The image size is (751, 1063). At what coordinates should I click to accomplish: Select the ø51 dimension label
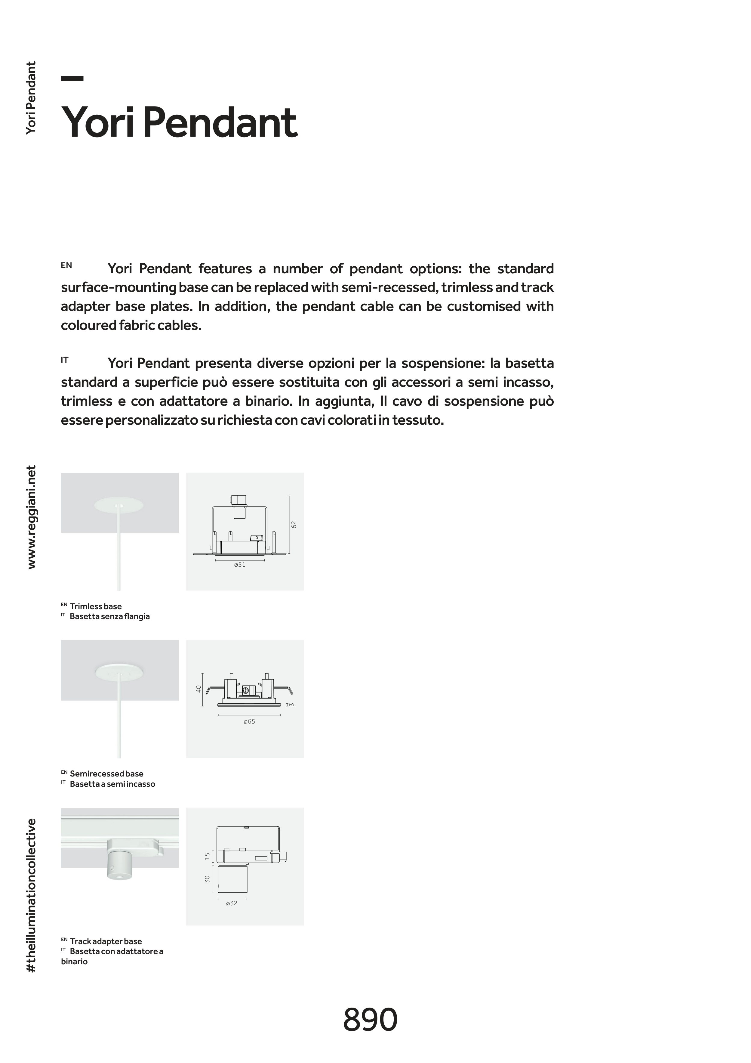tap(240, 565)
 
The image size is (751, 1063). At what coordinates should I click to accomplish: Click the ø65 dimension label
tap(249, 721)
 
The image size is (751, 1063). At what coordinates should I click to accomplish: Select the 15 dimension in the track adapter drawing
tap(207, 857)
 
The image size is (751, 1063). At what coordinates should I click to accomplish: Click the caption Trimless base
tap(96, 606)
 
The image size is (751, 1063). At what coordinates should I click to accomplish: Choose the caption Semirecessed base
tap(106, 774)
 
